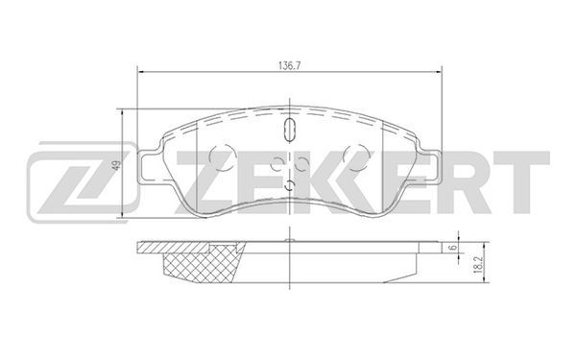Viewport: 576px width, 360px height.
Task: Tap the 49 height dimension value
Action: tap(117, 165)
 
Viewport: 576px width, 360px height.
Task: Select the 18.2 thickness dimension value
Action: tap(478, 263)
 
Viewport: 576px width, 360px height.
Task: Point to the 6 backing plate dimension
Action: tap(454, 248)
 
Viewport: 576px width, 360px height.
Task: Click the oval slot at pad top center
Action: tap(290, 130)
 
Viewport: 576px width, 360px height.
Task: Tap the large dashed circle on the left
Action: tap(222, 156)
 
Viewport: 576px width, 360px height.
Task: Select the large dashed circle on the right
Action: tap(356, 156)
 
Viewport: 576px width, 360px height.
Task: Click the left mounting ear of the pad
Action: tap(150, 167)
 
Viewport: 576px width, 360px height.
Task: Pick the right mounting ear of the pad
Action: tap(429, 167)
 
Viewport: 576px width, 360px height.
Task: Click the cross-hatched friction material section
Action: tap(202, 264)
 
